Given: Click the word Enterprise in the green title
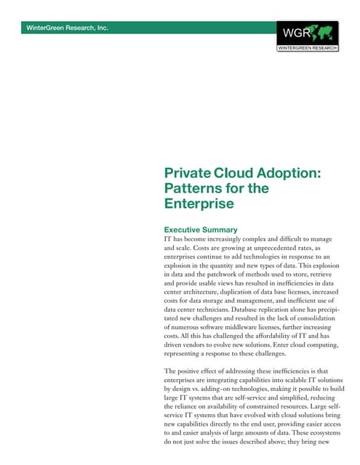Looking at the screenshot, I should coord(199,204).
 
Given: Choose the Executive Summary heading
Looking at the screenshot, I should coord(202,230).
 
